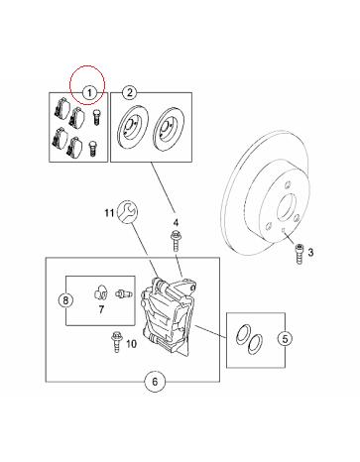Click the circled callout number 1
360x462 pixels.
89,93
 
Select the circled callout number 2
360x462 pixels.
129,92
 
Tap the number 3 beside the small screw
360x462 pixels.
310,253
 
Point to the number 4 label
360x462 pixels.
176,222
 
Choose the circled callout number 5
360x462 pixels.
285,338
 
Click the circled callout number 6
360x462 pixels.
155,382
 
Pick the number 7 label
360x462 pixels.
101,309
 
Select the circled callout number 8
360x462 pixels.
65,300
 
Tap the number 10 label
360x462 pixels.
131,344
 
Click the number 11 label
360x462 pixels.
109,213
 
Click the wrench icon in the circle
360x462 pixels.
127,211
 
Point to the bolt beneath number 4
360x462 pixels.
176,241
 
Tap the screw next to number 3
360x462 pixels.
300,254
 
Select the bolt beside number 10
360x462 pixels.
116,342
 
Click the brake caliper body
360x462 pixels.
167,316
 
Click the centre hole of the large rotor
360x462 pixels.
287,208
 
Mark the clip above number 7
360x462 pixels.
100,292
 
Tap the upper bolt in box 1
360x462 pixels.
97,117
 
